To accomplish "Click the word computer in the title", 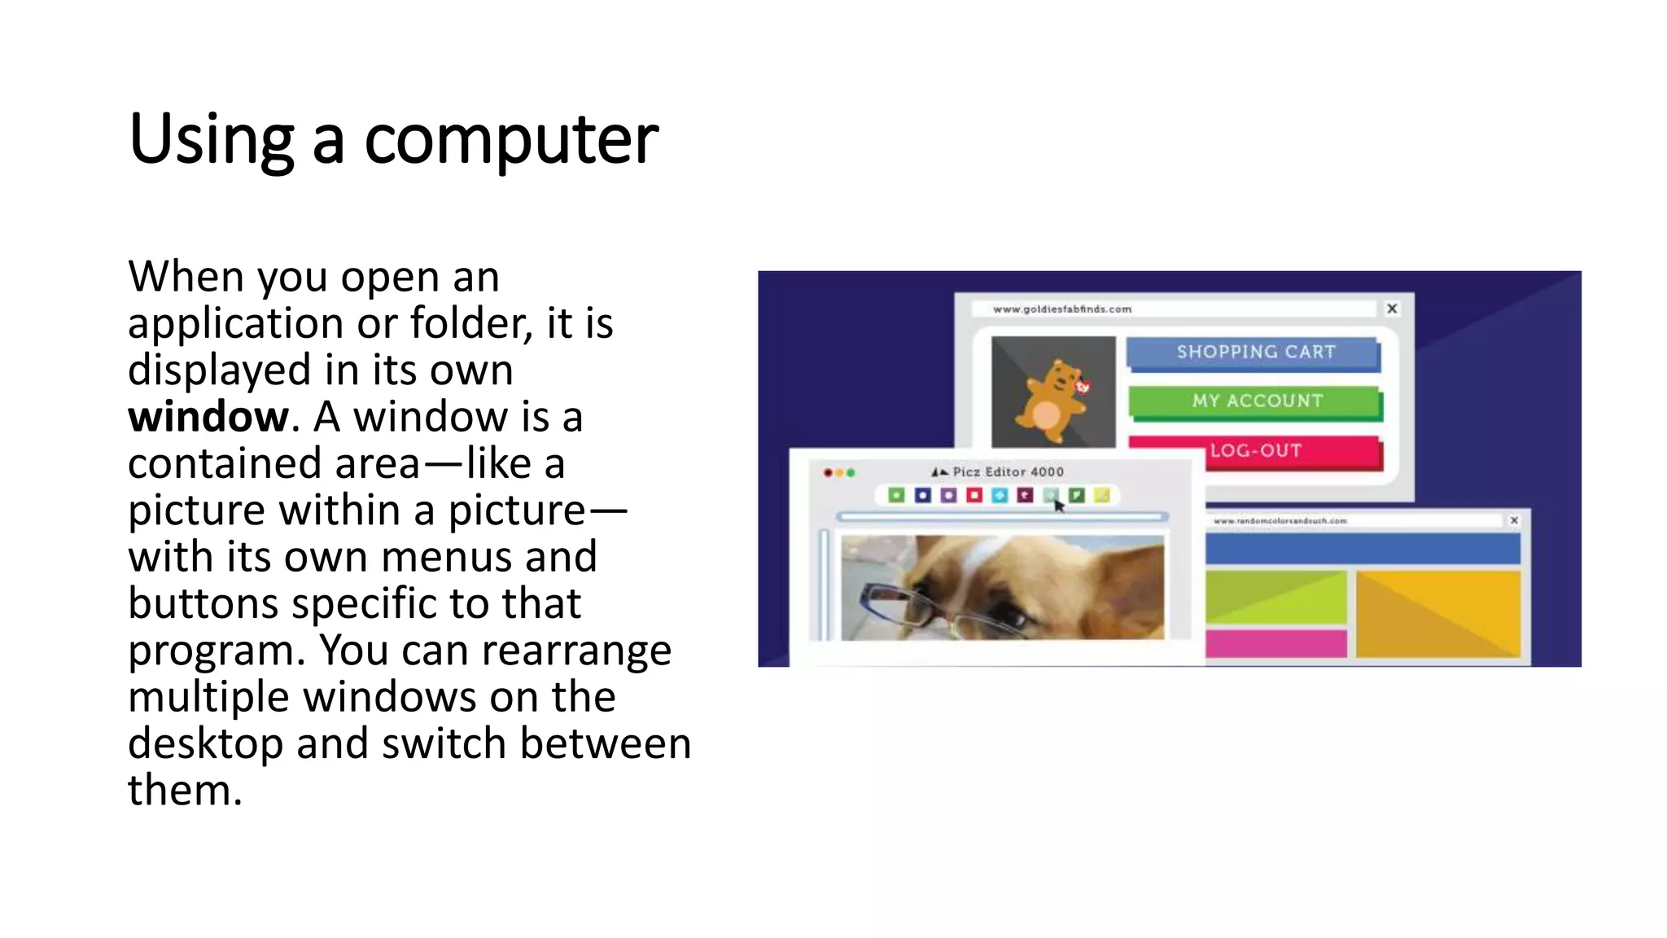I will [x=510, y=140].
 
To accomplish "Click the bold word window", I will [x=208, y=418].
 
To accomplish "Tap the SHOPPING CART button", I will [x=1254, y=353].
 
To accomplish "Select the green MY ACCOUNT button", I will [x=1256, y=401].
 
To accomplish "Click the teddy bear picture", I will [x=1052, y=392].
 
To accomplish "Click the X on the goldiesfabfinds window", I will [x=1392, y=309].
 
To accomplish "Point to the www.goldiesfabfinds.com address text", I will [x=1061, y=309].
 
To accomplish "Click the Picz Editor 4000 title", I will [x=1007, y=472].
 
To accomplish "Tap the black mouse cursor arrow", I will [x=1058, y=506].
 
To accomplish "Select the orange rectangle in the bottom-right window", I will [x=1437, y=612].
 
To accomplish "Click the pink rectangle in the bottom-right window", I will [x=1275, y=643].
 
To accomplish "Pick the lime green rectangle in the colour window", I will [x=1275, y=598].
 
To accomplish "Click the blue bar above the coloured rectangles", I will [x=1362, y=549].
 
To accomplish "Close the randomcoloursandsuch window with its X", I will [x=1514, y=520].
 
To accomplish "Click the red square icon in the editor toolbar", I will [x=974, y=495].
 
